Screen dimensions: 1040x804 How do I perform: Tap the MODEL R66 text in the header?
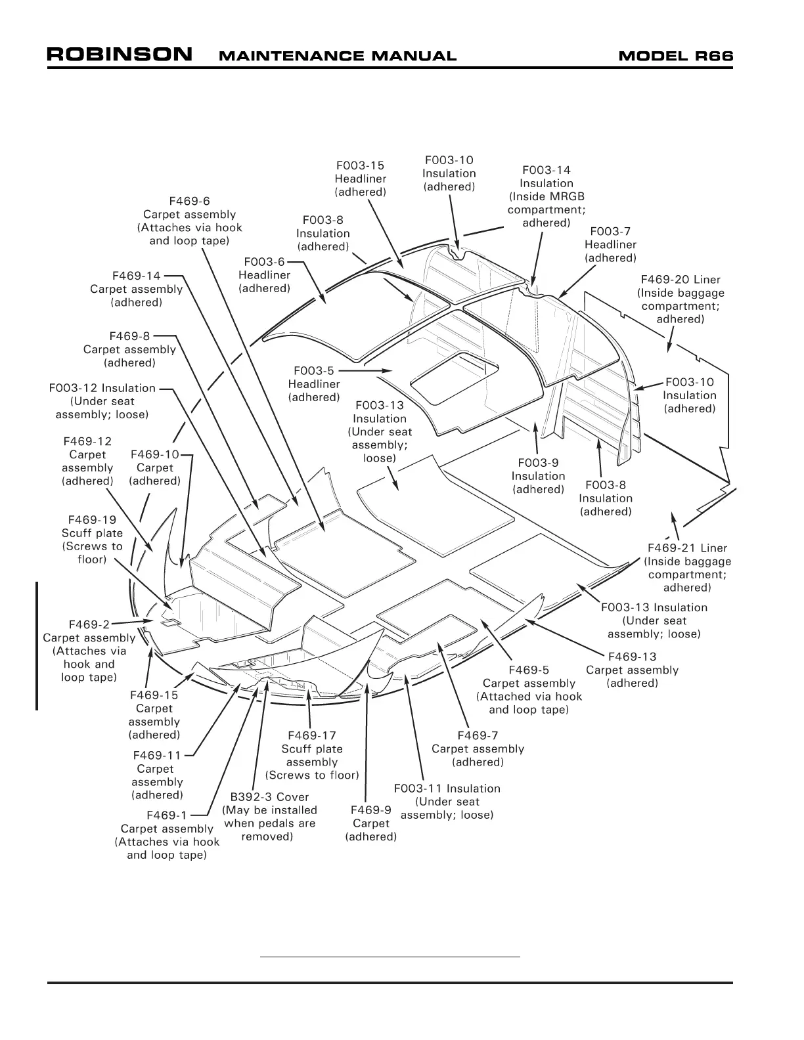(676, 56)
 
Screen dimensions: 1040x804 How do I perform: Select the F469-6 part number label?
(189, 201)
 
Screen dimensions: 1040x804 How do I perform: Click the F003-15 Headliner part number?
(360, 165)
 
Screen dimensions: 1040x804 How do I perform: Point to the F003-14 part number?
(547, 170)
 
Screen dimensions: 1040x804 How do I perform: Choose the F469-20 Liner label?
(681, 280)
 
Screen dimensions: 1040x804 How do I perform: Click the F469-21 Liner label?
(687, 548)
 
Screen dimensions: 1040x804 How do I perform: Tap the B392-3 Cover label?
(269, 796)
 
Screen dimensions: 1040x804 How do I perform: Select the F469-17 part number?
(312, 735)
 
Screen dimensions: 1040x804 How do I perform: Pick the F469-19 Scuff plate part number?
(92, 519)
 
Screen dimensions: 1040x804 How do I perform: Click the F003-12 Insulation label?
(102, 388)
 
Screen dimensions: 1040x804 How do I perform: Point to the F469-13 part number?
(632, 657)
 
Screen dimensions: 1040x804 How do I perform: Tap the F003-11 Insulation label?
(447, 788)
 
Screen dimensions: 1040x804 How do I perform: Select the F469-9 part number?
(371, 810)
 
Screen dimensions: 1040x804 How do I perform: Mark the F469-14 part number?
(137, 276)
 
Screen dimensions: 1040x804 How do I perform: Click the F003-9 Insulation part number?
(538, 463)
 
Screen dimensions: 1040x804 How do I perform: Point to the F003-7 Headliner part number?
(610, 231)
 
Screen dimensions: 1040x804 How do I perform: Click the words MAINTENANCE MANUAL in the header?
(337, 56)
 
